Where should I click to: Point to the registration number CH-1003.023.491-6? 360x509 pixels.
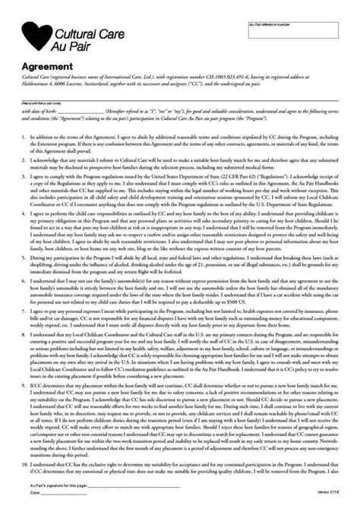[x=220, y=77]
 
